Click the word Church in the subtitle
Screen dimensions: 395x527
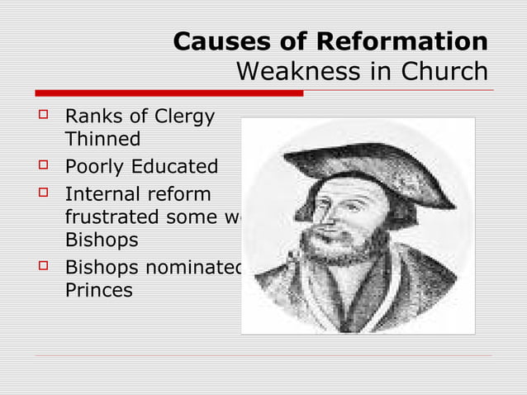[444, 72]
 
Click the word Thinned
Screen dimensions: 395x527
[102, 139]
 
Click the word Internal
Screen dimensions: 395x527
[99, 196]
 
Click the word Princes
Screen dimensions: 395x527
[99, 291]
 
